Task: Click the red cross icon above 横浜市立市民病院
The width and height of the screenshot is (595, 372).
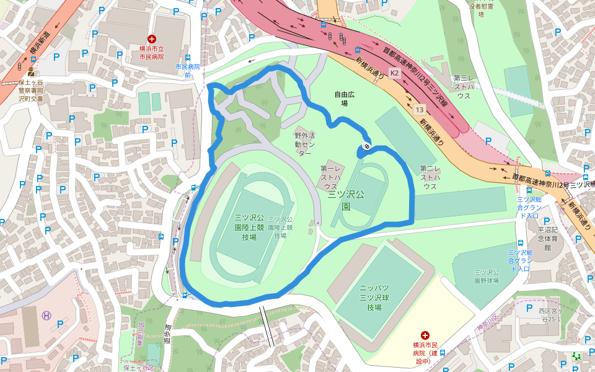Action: [x=152, y=39]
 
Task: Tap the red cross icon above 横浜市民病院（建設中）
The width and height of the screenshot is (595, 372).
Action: [x=425, y=335]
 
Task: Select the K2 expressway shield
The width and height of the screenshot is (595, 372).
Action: [x=395, y=73]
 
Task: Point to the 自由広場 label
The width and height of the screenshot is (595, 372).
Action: [x=345, y=99]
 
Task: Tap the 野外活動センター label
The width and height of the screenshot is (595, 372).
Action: [x=305, y=143]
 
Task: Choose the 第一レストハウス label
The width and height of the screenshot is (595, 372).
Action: [x=330, y=177]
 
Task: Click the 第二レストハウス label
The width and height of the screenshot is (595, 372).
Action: [x=430, y=177]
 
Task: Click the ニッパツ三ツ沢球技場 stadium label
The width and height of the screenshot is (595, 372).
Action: [x=374, y=298]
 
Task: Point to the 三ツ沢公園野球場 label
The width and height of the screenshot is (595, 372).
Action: [x=487, y=276]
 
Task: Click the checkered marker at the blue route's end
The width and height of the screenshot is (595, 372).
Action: [x=367, y=146]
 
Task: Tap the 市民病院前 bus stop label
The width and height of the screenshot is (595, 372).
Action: [x=188, y=71]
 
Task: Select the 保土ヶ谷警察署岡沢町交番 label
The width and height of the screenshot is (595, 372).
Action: [x=31, y=90]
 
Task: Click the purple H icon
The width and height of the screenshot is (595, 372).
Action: [x=46, y=315]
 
